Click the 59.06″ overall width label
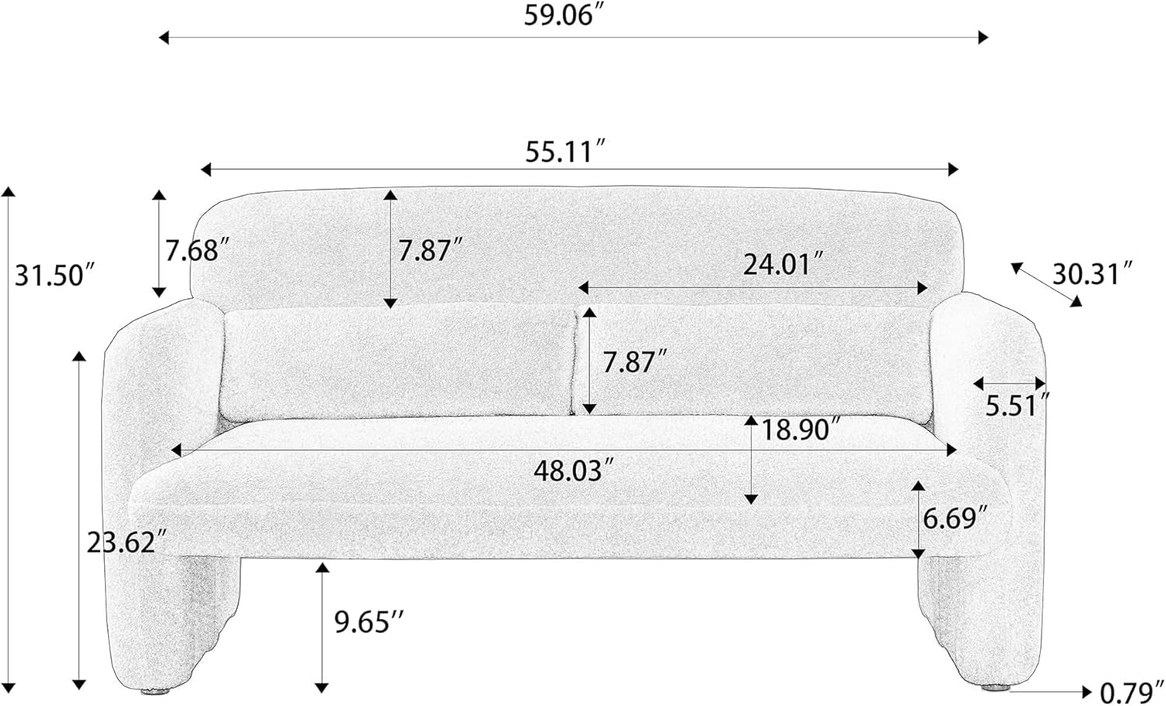567,15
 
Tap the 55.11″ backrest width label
567,151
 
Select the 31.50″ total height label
56,275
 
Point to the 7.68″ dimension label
197,250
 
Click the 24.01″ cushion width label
784,264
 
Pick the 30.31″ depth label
1091,274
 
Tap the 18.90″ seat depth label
801,430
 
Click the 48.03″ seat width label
575,471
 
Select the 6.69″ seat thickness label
955,518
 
